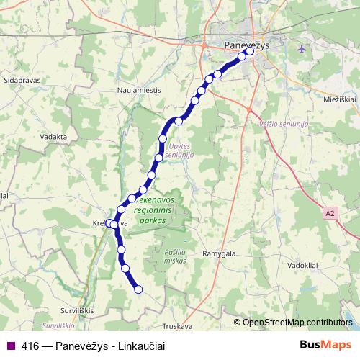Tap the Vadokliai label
point(303,264)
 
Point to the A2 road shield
point(330,213)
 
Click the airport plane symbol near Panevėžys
point(300,49)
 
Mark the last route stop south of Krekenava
point(139,289)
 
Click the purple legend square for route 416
point(11,346)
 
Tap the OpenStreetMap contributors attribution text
point(297,323)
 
